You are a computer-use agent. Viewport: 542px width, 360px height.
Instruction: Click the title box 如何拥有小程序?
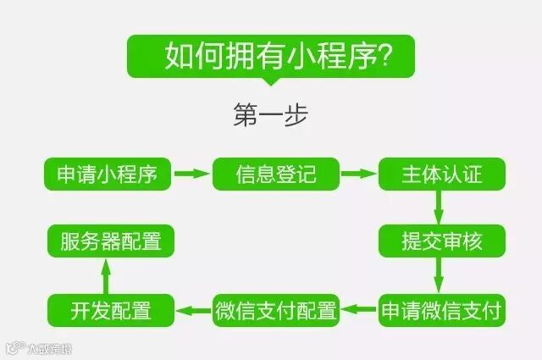click(271, 56)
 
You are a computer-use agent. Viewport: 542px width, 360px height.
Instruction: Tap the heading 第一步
click(271, 115)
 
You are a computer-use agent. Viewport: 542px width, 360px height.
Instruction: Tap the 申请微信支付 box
click(441, 309)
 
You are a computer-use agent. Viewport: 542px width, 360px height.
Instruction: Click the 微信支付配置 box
click(275, 309)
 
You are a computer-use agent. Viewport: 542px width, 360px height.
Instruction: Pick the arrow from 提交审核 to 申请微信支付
click(440, 274)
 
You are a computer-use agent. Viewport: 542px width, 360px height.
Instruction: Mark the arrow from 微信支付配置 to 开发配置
click(193, 310)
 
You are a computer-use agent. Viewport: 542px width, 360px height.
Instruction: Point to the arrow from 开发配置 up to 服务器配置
click(106, 275)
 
